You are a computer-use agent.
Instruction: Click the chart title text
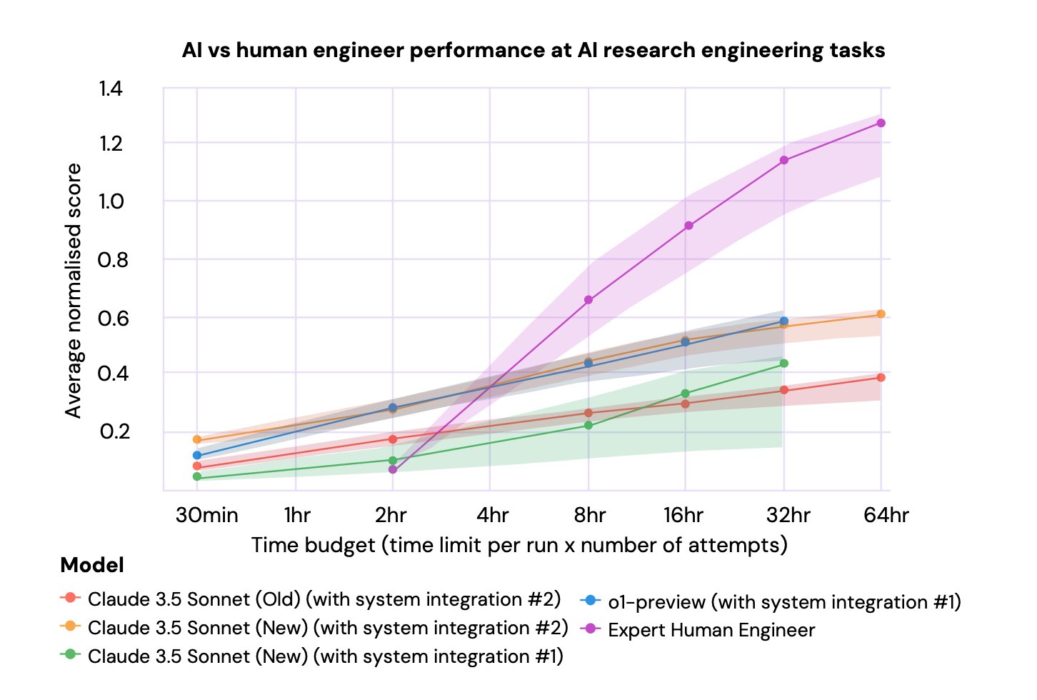tap(533, 51)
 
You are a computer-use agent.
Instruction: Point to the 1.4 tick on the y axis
tap(111, 89)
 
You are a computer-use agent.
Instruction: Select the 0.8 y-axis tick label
tap(113, 260)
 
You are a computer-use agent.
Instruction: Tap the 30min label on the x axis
tap(206, 515)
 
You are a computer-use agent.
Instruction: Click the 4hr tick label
tap(493, 515)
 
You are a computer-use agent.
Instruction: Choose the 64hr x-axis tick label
tap(886, 515)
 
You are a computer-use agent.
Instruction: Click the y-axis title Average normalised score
tap(74, 290)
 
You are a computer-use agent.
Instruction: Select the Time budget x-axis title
tap(519, 546)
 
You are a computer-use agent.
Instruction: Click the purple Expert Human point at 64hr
tap(881, 123)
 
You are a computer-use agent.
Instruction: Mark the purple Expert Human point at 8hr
tap(588, 300)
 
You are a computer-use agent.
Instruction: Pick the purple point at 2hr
tap(393, 469)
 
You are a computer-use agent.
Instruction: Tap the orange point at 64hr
tap(881, 314)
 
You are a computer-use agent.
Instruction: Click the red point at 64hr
tap(881, 377)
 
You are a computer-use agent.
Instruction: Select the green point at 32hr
tap(784, 364)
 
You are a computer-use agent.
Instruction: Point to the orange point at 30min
tap(197, 439)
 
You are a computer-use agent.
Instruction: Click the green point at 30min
tap(197, 476)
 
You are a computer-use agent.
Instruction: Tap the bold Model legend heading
tap(92, 565)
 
